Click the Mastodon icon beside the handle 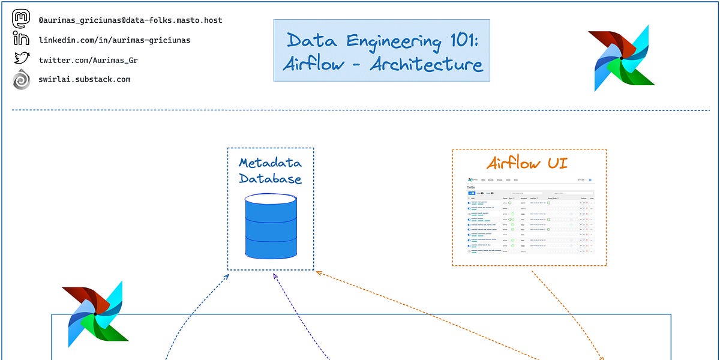(21, 19)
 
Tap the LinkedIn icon (21, 39)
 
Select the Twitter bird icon (22, 59)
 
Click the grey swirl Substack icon (21, 79)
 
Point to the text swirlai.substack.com (84, 79)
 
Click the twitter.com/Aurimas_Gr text (84, 60)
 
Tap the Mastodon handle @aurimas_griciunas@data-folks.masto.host (130, 20)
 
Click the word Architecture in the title (426, 64)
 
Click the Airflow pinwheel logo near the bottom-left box (95, 313)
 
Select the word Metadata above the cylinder (270, 163)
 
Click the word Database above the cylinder (270, 178)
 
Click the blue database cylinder (271, 227)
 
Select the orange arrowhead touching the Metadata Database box (318, 274)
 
